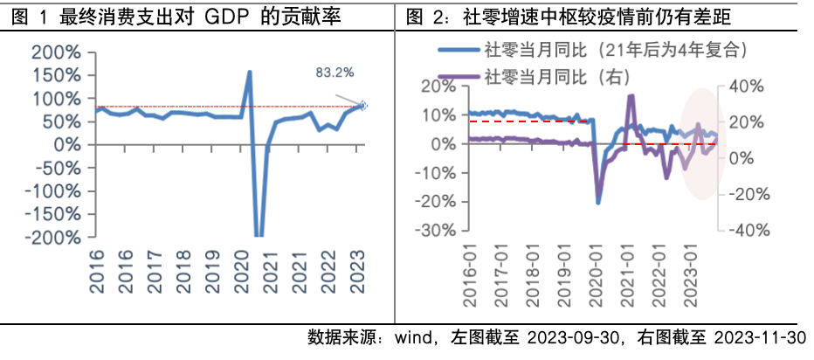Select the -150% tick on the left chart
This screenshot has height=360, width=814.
coord(53,214)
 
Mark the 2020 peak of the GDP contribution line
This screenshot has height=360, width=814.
coord(250,73)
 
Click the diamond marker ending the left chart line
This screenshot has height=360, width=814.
coord(364,106)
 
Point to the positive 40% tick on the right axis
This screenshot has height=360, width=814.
coord(748,87)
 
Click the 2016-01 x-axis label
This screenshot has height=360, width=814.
coord(469,279)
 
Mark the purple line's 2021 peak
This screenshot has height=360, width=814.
coord(631,95)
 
